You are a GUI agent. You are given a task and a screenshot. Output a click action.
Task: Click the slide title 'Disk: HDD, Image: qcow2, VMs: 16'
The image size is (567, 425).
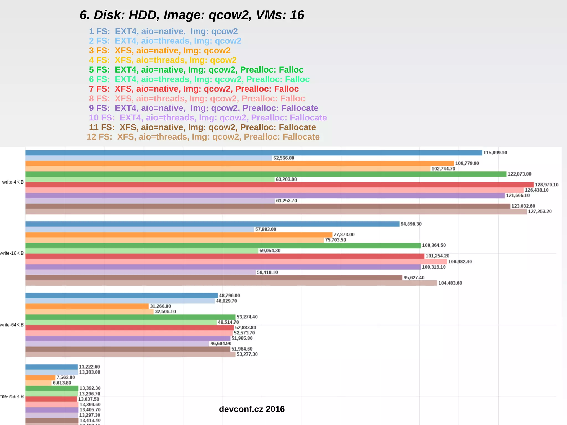(x=192, y=15)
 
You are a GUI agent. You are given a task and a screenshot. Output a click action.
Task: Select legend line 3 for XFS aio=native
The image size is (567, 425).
(x=159, y=50)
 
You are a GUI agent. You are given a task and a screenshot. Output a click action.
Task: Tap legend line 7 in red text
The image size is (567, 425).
(x=194, y=89)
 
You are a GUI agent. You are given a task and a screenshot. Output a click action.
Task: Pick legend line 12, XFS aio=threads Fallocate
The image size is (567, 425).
(x=203, y=137)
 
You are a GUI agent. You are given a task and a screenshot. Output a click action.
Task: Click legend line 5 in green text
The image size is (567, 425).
(x=196, y=70)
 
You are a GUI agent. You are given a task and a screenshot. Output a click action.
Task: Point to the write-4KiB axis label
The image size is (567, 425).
(x=13, y=182)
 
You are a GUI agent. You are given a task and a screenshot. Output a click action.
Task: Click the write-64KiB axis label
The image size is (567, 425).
(x=12, y=325)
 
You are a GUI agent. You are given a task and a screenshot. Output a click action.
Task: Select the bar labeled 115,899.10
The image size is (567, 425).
(x=254, y=153)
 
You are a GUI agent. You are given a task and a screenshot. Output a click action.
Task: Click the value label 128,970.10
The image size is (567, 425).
(x=547, y=185)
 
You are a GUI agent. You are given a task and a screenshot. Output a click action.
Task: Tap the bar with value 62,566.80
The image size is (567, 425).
(x=149, y=158)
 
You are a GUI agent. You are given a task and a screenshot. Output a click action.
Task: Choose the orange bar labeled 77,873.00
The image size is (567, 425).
(x=179, y=235)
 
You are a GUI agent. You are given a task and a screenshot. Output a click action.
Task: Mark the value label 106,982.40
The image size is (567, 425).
(x=460, y=262)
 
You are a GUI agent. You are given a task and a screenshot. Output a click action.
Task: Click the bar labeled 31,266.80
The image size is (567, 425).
(x=87, y=306)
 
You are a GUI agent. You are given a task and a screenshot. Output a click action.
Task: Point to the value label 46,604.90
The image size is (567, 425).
(x=221, y=344)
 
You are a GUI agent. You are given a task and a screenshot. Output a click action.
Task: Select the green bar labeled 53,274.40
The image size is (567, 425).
(x=130, y=317)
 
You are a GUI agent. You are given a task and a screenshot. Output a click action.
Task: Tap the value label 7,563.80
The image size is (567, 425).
(x=66, y=377)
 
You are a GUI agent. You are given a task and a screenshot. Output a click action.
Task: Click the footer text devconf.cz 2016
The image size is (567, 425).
(x=252, y=409)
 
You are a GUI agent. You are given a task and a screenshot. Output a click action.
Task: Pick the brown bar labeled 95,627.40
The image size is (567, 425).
(x=213, y=278)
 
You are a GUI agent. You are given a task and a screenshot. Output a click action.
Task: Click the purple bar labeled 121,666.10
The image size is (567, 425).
(x=265, y=195)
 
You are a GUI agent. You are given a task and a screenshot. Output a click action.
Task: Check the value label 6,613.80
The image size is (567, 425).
(x=62, y=383)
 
